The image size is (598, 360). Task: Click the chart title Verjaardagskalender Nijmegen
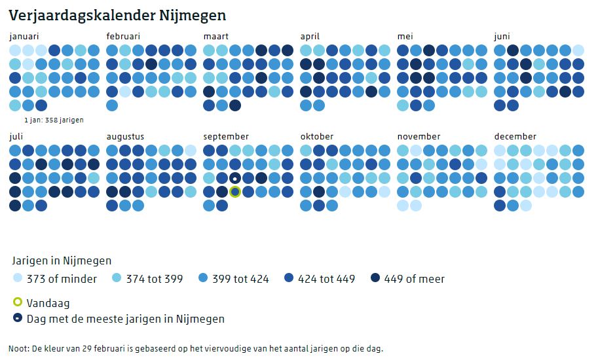pos(117,14)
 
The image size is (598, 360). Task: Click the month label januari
pos(24,37)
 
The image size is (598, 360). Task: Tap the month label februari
pos(123,37)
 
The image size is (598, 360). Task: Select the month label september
pos(226,137)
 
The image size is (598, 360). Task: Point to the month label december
pos(515,137)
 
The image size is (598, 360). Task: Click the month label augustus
pos(125,137)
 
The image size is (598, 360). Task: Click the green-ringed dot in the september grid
pos(235,192)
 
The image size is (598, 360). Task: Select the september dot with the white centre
pos(235,178)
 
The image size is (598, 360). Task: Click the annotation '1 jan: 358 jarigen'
pos(54,120)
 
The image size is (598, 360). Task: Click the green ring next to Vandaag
pos(18,303)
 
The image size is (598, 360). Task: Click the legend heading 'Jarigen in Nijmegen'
pos(62,261)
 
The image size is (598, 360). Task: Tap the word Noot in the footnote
pos(19,348)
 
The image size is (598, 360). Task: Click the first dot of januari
pos(15,50)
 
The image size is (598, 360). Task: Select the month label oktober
pos(317,137)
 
